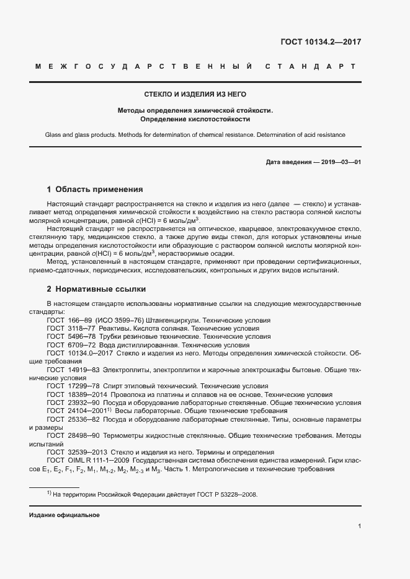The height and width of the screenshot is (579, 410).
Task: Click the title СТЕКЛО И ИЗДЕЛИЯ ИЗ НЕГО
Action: click(195, 94)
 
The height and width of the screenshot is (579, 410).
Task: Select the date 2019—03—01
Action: click(339, 162)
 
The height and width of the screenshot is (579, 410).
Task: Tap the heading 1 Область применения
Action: click(95, 189)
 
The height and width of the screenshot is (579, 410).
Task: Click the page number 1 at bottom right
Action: click(359, 526)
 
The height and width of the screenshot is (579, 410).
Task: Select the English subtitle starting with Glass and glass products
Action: click(195, 135)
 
